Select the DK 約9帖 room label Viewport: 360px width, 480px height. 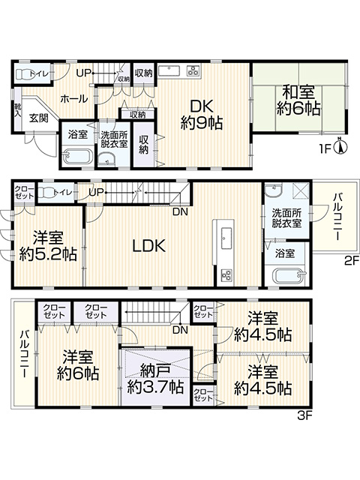point(202,115)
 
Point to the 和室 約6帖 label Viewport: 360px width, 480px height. point(298,100)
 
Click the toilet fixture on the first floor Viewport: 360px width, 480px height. point(25,73)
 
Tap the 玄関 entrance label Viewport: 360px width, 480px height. point(39,118)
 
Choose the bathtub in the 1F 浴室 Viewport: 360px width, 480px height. point(77,157)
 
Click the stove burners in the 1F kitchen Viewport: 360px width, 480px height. point(193,71)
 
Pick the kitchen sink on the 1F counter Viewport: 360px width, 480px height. point(169,70)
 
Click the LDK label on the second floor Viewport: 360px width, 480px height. point(148,245)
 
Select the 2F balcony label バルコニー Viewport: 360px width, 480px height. point(337,216)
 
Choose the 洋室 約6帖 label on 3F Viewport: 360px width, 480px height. point(78,365)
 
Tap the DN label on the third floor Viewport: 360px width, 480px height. point(180,330)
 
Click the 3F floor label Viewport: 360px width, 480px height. point(304,416)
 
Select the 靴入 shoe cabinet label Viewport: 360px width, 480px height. point(17,110)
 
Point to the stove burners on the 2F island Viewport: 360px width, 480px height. point(226,274)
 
